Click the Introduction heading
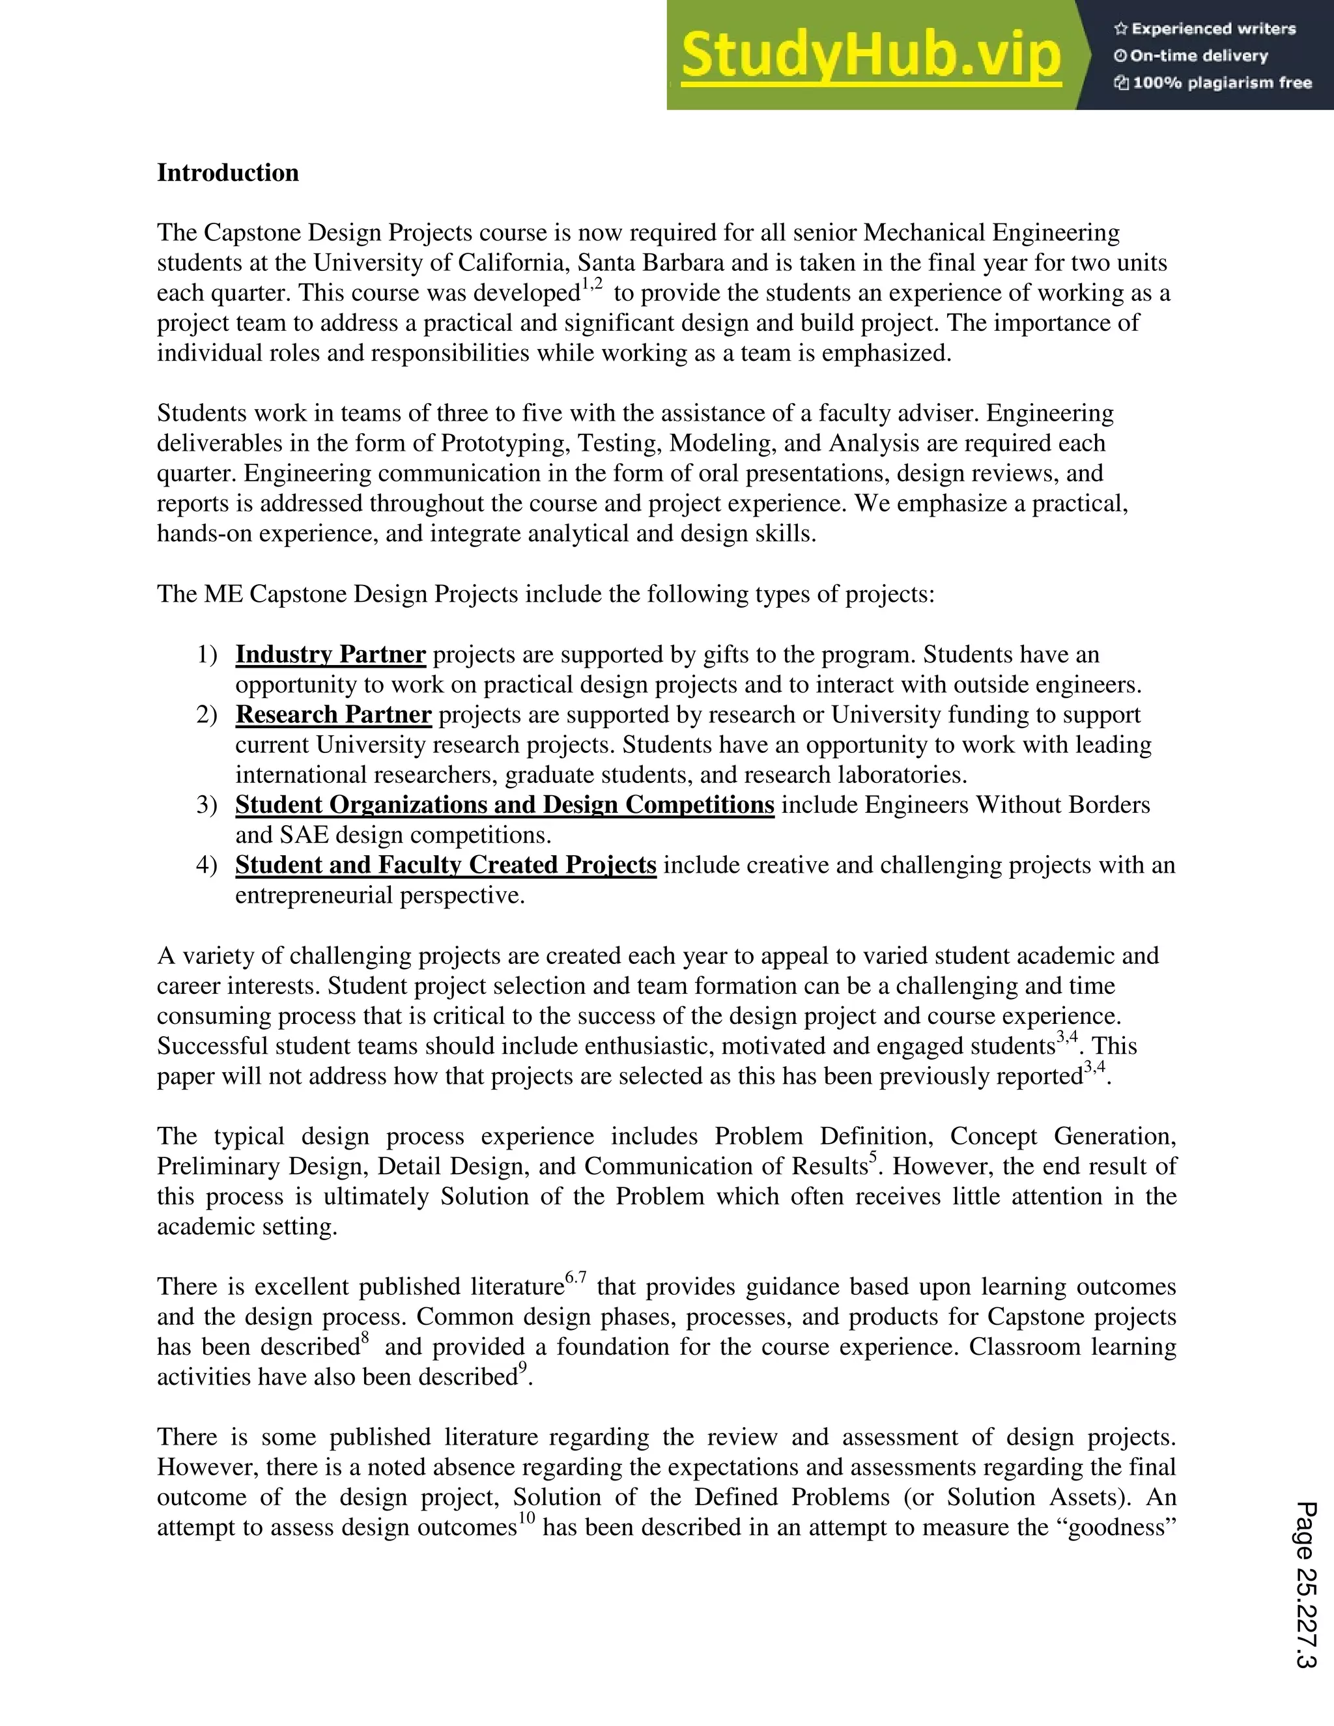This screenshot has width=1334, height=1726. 227,173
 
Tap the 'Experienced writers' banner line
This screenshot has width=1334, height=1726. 1205,29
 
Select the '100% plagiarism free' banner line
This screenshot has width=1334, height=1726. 1213,83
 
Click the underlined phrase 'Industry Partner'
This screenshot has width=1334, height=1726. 330,655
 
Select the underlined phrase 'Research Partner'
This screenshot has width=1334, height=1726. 333,714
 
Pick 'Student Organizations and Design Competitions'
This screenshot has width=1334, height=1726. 504,804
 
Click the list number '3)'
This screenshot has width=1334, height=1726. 206,804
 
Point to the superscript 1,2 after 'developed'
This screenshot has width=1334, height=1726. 592,285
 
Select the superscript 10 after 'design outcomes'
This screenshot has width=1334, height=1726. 526,1518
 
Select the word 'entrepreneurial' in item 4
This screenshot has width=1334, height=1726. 313,896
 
